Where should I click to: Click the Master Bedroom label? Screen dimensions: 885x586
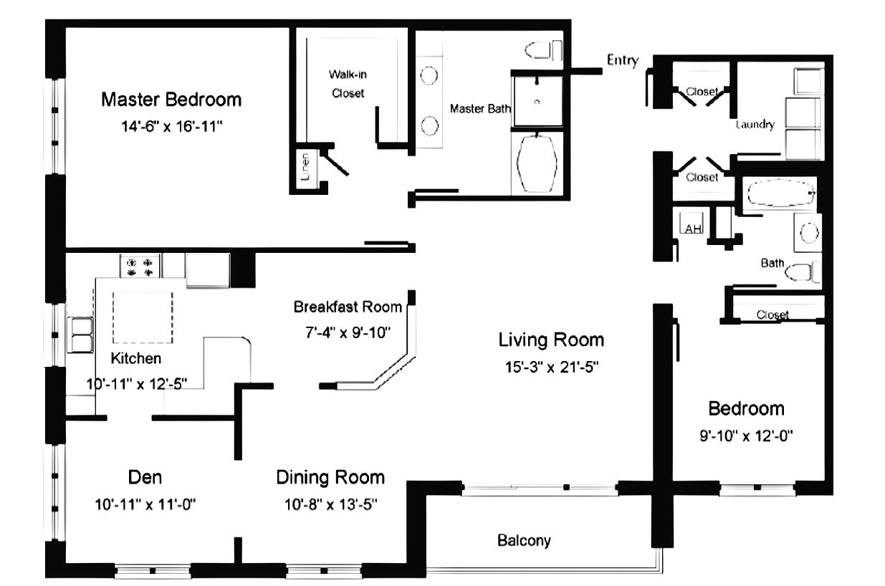(171, 100)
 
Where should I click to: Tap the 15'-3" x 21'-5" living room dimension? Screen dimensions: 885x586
(552, 368)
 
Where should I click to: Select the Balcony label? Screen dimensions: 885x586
(524, 541)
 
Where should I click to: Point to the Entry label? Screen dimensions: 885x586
(623, 60)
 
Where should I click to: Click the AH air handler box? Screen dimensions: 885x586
(691, 224)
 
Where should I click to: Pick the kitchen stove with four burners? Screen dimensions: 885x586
(140, 266)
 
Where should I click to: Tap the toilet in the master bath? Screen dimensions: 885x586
(543, 50)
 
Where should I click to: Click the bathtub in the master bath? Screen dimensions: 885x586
(537, 164)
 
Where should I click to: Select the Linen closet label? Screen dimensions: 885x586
(305, 167)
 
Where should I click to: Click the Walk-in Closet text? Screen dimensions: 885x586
(348, 84)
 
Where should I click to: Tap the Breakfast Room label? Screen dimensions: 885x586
(348, 307)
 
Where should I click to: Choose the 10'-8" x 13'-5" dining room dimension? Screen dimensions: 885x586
(330, 504)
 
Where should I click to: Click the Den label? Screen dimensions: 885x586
(145, 477)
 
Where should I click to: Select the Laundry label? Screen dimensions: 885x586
(755, 125)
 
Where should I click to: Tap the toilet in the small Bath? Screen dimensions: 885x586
(802, 272)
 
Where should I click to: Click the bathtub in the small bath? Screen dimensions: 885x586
(779, 193)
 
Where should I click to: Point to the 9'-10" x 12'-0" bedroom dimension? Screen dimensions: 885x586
(746, 436)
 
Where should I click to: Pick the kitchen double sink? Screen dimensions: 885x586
(80, 335)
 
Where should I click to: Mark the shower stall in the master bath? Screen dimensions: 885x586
(537, 101)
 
